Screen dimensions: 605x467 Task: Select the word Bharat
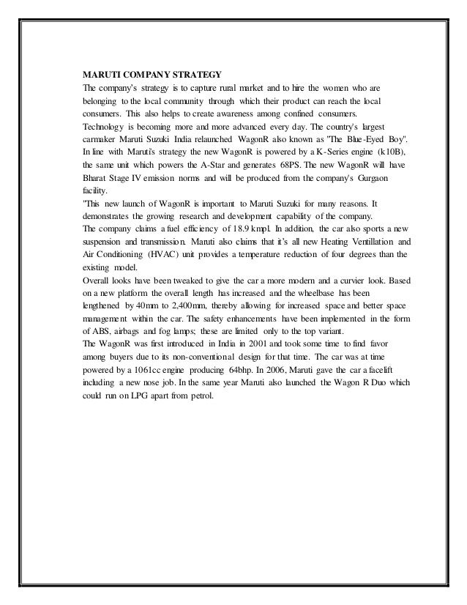96,180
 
